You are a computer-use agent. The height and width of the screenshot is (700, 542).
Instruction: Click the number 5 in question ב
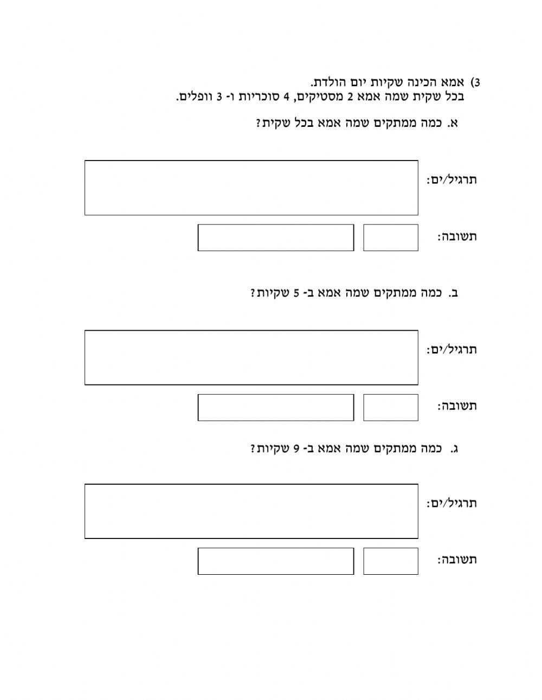coord(296,293)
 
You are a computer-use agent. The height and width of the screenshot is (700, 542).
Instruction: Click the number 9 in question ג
coord(296,448)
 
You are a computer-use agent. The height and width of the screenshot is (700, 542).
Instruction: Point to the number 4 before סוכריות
coord(287,97)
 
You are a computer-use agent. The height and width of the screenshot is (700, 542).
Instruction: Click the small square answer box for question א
coord(390,237)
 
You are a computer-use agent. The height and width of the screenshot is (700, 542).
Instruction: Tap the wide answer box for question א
coord(275,237)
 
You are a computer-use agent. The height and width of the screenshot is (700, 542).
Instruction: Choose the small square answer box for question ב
coord(390,407)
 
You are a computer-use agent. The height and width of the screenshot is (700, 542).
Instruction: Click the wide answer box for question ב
coord(275,407)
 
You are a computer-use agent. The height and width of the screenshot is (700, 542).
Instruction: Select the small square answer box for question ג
coord(390,561)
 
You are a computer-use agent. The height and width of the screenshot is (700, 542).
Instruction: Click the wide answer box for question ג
coord(275,561)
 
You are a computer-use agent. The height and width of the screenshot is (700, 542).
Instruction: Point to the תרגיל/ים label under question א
coord(451,179)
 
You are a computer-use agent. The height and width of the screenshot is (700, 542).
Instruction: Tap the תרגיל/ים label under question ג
coord(451,503)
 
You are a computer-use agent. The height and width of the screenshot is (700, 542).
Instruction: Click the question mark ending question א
coord(259,123)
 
